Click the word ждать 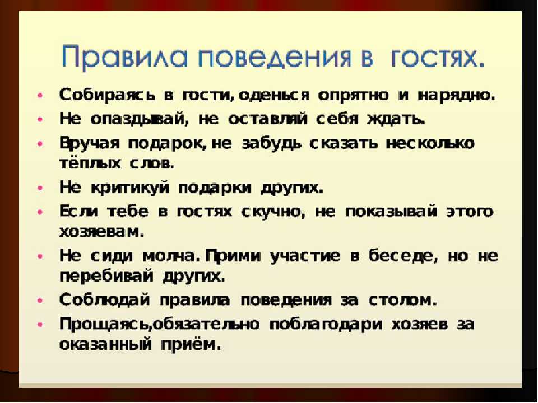coord(396,119)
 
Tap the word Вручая coord(90,143)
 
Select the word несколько coord(430,143)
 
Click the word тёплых coord(90,163)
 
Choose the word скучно coord(273,212)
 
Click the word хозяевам coord(101,232)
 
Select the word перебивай coord(106,277)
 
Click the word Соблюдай coord(105,300)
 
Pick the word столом coord(403,300)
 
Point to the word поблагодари coord(325,325)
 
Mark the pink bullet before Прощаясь coord(40,324)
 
